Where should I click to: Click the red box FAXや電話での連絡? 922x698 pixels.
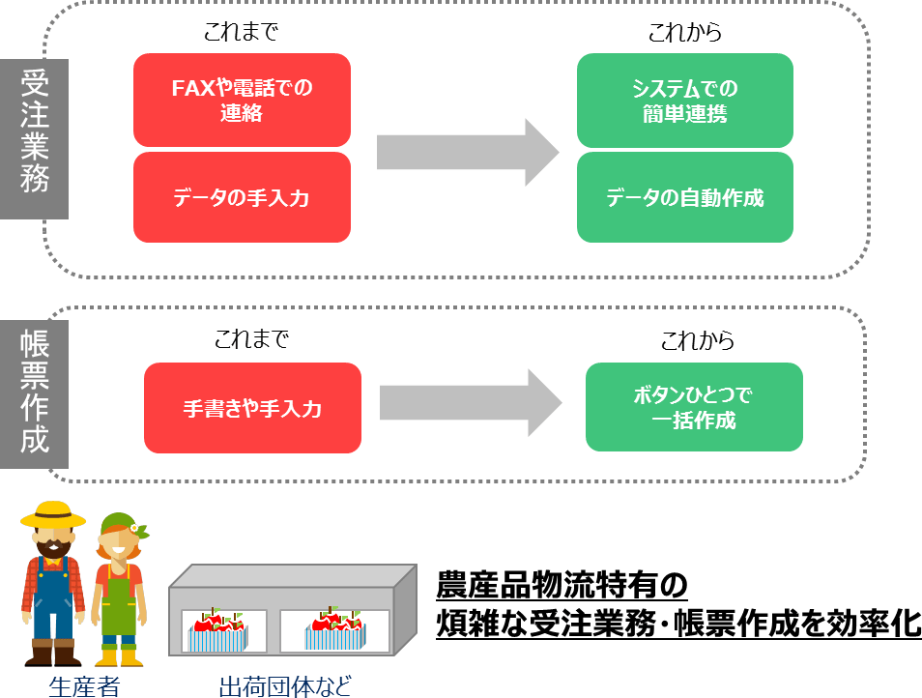tap(242, 100)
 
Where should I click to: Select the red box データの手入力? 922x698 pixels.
tap(242, 197)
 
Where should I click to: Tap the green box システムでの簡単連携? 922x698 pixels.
tap(684, 100)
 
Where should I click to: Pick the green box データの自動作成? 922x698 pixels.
tap(684, 197)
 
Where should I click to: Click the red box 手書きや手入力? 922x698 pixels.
tap(252, 408)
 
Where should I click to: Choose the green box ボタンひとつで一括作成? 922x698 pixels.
tap(694, 407)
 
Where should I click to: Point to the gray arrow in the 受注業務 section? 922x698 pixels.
tap(468, 152)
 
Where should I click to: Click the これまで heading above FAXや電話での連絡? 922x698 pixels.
tap(241, 32)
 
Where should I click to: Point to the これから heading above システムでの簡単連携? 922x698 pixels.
tap(685, 32)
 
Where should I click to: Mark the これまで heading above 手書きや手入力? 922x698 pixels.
tap(252, 340)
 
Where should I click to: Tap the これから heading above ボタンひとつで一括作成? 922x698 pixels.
tap(698, 340)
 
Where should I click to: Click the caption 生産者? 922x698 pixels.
tap(84, 686)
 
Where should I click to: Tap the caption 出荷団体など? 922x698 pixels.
tap(284, 686)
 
